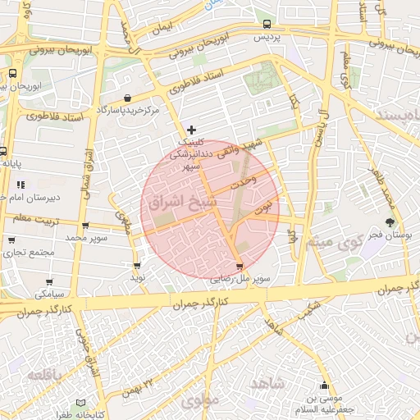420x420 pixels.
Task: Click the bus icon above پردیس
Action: pos(267,25)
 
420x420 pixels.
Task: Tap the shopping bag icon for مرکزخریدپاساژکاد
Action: pos(128,98)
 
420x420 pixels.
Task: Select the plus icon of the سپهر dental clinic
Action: pos(192,130)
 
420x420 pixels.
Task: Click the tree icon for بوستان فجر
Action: pos(390,222)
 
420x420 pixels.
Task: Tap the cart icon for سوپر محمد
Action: pos(85,226)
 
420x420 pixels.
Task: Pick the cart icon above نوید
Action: pos(136,265)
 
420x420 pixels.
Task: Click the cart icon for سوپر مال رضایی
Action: pos(239,266)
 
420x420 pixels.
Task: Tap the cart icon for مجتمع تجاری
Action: pos(11,240)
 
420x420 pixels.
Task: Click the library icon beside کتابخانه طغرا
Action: pos(80,403)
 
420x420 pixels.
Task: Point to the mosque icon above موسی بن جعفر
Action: pos(326,386)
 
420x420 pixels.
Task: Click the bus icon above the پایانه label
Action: pos(3,151)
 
